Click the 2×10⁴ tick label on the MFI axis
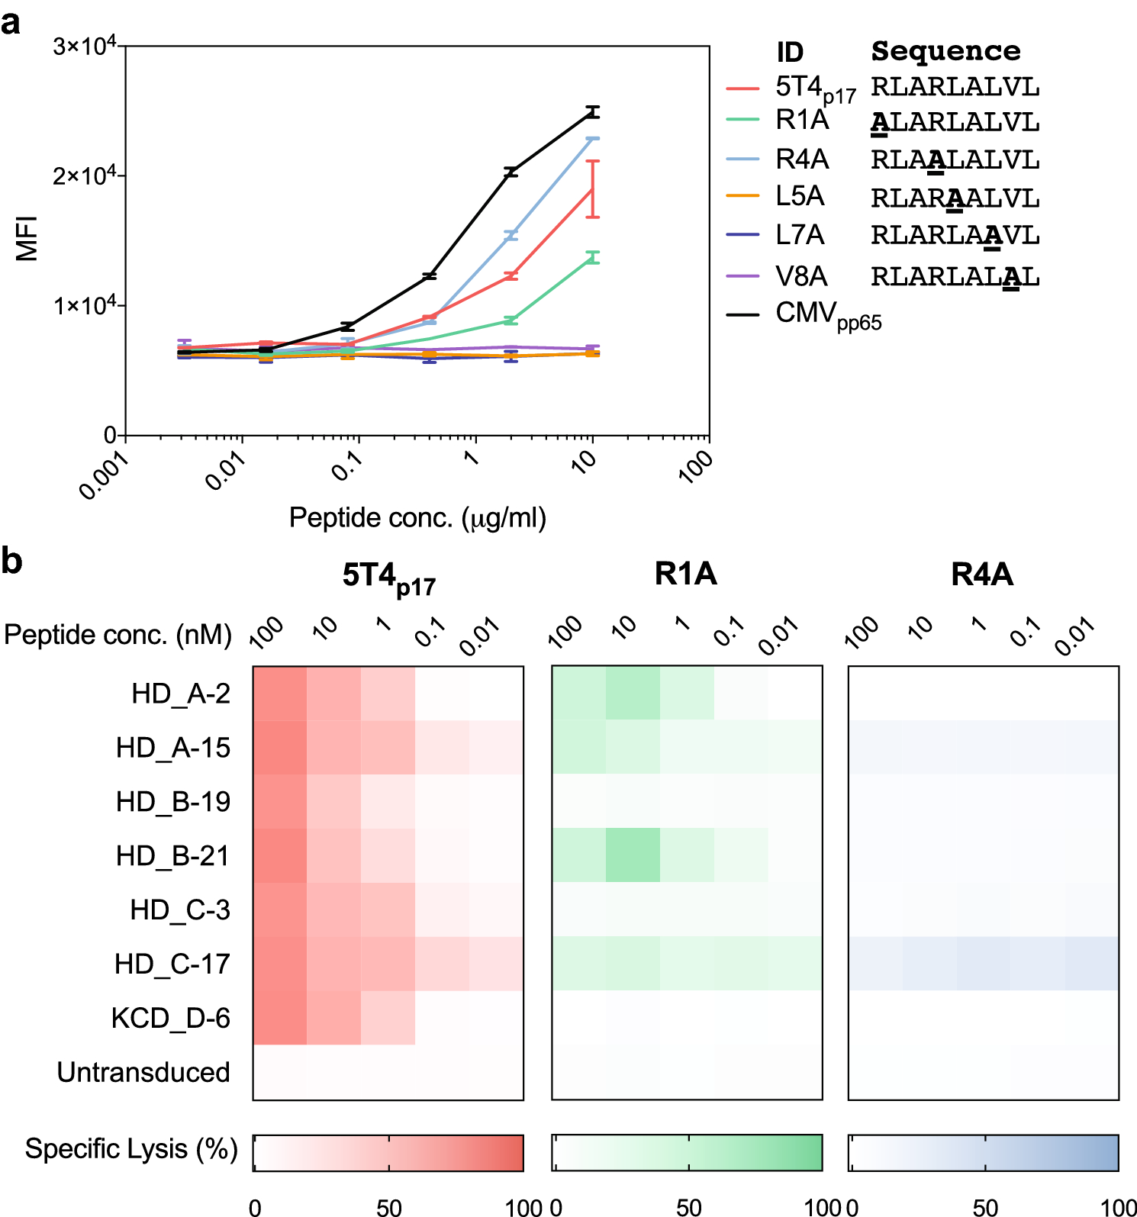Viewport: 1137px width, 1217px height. point(84,175)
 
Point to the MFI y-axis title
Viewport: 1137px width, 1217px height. point(27,239)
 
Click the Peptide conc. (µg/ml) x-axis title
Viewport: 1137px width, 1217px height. point(417,518)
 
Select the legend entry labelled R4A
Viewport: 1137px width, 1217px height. point(801,159)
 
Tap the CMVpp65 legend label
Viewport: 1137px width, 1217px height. point(828,314)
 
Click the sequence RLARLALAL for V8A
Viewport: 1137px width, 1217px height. point(955,276)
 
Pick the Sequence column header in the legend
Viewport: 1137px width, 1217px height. point(945,51)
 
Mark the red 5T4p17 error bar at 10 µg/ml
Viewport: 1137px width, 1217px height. point(593,189)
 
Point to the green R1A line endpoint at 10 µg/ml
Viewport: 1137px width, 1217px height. point(593,257)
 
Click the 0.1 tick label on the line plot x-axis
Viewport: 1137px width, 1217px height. point(348,465)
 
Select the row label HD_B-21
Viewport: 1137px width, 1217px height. point(172,855)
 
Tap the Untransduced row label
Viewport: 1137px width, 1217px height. point(143,1072)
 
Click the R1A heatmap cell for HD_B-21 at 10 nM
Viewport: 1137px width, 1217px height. point(633,855)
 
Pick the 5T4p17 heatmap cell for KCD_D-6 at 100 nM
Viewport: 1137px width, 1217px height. point(280,1018)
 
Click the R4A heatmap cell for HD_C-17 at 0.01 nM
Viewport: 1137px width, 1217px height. point(1092,964)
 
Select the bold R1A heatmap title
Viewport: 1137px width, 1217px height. point(685,574)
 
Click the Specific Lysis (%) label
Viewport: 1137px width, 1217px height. point(131,1148)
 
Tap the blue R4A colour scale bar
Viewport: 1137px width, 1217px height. point(984,1152)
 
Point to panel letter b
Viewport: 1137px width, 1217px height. point(11,561)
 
